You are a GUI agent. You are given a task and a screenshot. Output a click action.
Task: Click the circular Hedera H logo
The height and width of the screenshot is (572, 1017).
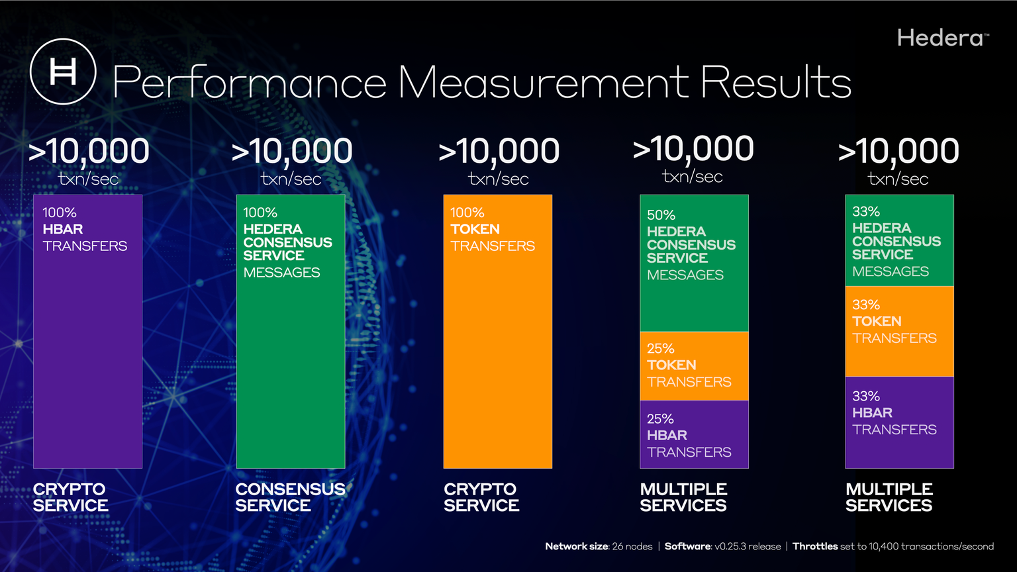(x=64, y=71)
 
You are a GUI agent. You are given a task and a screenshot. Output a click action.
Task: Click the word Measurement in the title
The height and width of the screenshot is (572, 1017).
(x=543, y=83)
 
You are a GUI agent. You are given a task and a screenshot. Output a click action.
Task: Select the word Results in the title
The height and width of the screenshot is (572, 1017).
(x=775, y=83)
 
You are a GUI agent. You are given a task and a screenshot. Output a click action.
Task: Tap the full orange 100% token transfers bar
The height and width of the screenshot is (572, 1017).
(x=497, y=358)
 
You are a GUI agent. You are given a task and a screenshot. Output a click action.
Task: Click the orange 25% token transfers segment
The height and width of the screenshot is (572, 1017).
(x=694, y=365)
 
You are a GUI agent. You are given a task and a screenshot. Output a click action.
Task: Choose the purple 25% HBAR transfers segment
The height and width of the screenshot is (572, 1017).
(x=694, y=434)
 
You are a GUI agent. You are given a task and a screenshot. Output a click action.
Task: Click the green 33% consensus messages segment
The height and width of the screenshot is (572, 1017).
(x=899, y=241)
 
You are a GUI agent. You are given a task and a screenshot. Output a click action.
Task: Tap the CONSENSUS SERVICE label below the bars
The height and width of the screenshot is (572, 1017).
(x=290, y=497)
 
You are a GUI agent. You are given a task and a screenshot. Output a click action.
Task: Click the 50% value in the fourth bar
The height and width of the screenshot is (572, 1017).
(x=661, y=215)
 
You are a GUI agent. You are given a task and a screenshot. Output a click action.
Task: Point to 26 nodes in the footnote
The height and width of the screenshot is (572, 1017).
(x=632, y=546)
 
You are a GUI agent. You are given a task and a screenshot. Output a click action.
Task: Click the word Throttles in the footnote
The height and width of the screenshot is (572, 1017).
(x=815, y=546)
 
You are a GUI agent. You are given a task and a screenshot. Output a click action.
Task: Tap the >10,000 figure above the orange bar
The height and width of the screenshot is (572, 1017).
(x=499, y=151)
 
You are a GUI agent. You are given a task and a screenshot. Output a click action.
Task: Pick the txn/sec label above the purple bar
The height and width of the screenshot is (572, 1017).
(x=88, y=179)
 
